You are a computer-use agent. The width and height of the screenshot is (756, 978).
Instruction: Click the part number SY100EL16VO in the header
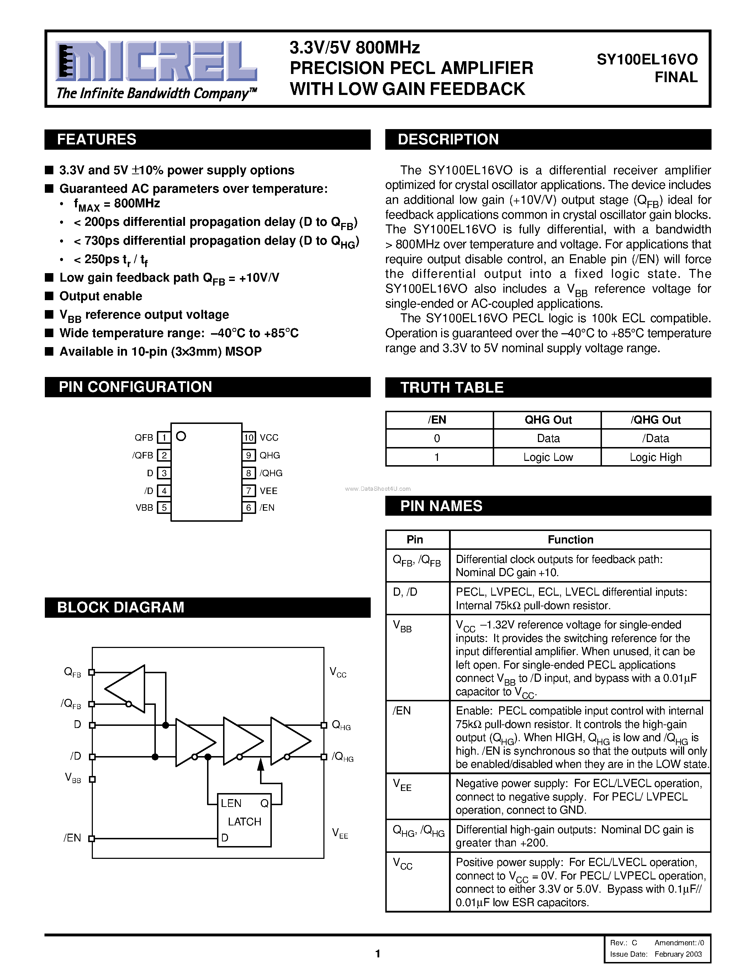[x=647, y=59]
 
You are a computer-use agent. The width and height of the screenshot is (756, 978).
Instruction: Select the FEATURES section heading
[x=97, y=139]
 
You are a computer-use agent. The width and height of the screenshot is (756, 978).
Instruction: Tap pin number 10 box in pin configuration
[x=249, y=437]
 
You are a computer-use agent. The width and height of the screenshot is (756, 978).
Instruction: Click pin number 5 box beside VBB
[x=164, y=507]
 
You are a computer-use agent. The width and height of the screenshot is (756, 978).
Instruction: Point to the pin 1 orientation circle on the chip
[x=181, y=436]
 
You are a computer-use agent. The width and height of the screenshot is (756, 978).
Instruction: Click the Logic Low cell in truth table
[x=548, y=457]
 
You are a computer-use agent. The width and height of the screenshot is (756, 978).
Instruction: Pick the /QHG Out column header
[x=655, y=420]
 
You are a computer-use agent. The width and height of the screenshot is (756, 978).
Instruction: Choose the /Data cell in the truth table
[x=655, y=438]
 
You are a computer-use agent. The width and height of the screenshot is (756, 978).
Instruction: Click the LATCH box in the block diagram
[x=244, y=821]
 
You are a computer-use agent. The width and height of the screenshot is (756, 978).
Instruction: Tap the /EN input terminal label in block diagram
[x=72, y=838]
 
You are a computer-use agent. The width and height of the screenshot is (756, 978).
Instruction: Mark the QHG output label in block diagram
[x=341, y=725]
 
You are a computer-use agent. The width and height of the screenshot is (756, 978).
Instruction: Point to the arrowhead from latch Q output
[x=261, y=765]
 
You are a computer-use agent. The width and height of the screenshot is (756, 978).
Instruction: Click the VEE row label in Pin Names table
[x=402, y=785]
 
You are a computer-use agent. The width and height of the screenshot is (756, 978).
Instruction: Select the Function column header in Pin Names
[x=570, y=540]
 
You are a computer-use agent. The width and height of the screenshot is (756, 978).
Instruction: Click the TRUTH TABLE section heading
[x=451, y=387]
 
